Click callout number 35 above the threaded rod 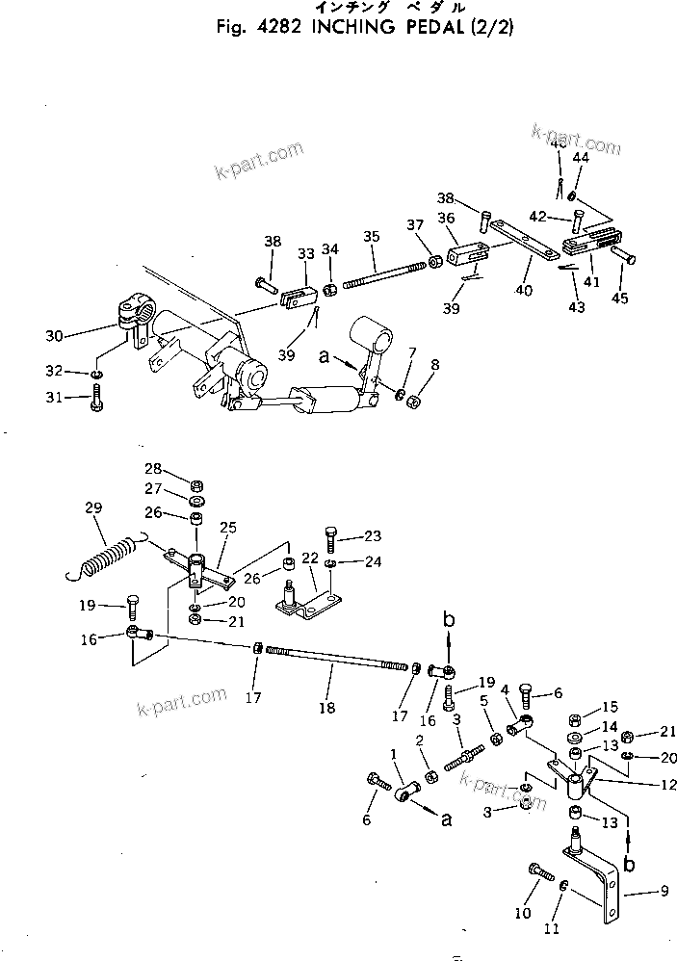click(372, 234)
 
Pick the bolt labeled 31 click(96, 398)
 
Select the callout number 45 click(619, 299)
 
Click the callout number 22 click(311, 558)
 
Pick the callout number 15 click(611, 708)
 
